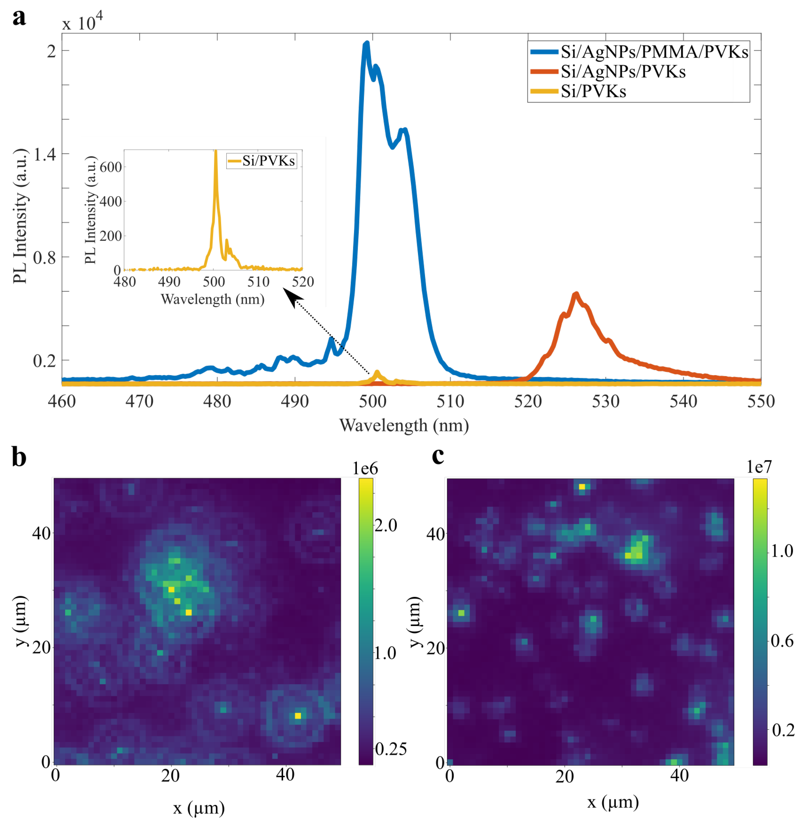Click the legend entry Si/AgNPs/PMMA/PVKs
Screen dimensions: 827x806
pyautogui.click(x=654, y=52)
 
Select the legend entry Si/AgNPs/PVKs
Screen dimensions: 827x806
pyautogui.click(x=623, y=72)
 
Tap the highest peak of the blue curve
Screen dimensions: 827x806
pyautogui.click(x=367, y=43)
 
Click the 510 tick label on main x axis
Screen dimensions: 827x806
pyautogui.click(x=450, y=401)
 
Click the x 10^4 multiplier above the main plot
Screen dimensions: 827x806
pyautogui.click(x=83, y=22)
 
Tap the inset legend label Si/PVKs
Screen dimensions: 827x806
pyautogui.click(x=268, y=161)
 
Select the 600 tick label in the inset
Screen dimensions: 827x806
pyautogui.click(x=111, y=167)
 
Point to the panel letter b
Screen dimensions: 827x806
pyautogui.click(x=19, y=457)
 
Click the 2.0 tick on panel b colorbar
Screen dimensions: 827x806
pyautogui.click(x=386, y=525)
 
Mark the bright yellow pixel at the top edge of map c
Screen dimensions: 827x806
pyautogui.click(x=582, y=487)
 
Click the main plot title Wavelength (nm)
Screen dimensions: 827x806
pyautogui.click(x=404, y=425)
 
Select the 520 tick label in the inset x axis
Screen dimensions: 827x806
pyautogui.click(x=303, y=282)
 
